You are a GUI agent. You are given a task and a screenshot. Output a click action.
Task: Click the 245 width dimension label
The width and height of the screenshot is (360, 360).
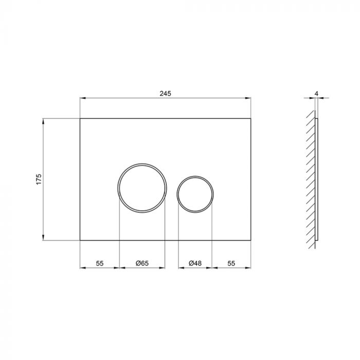pos(165,93)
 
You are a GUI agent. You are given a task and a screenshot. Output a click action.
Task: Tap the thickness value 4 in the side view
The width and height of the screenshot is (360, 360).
pos(317,93)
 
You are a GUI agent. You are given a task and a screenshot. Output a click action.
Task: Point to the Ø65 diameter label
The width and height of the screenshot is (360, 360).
pos(142,263)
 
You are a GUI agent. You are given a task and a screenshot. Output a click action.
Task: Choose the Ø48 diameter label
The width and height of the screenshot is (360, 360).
pos(195,263)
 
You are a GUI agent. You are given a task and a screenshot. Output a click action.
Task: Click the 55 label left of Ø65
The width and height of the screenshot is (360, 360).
pos(100,263)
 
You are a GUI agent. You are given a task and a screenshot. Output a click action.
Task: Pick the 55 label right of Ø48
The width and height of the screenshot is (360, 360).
pos(231,263)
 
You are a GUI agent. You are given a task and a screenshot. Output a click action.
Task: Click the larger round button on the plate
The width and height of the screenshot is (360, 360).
pos(142,187)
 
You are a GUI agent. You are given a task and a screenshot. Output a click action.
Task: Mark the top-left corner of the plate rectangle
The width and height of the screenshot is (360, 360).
pos(80,119)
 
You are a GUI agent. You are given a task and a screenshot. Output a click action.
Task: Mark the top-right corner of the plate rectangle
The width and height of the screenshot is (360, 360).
pos(251,119)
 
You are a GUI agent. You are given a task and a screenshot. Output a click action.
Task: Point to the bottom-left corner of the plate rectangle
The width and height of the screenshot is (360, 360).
pos(80,240)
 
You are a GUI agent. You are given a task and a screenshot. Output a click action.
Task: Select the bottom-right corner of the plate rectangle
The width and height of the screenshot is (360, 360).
pos(251,240)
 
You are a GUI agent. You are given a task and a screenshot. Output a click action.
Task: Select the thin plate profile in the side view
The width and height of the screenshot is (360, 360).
pos(317,179)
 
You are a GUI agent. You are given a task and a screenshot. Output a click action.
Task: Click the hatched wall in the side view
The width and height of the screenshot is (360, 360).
pos(310,179)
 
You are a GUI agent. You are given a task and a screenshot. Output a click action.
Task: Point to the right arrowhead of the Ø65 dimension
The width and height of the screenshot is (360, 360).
pos(163,267)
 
